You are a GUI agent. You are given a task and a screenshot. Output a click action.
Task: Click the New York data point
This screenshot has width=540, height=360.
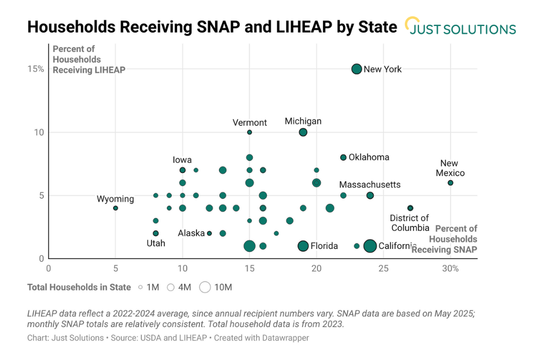pyautogui.click(x=356, y=69)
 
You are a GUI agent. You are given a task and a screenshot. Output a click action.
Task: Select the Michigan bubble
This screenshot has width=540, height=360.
pyautogui.click(x=303, y=132)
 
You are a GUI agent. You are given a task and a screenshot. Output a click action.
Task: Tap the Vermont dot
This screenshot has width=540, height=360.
pyautogui.click(x=249, y=132)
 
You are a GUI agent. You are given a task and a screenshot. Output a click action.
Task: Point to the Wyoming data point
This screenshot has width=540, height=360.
pyautogui.click(x=115, y=208)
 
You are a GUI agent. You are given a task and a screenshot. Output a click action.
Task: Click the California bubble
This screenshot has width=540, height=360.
pyautogui.click(x=370, y=246)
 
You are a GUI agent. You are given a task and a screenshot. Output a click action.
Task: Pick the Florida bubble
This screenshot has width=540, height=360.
pyautogui.click(x=303, y=246)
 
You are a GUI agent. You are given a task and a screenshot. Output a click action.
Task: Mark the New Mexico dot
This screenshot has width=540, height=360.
pyautogui.click(x=450, y=183)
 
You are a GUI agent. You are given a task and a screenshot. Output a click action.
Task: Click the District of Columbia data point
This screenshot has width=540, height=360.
pyautogui.click(x=410, y=208)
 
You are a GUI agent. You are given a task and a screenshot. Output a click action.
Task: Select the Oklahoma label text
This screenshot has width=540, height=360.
pyautogui.click(x=368, y=157)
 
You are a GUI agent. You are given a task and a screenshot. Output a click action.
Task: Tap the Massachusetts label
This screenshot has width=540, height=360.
pyautogui.click(x=369, y=184)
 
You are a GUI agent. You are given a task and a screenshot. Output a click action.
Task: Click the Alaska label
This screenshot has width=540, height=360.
pyautogui.click(x=191, y=233)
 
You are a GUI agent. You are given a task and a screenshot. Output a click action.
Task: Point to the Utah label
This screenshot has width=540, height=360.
pyautogui.click(x=155, y=243)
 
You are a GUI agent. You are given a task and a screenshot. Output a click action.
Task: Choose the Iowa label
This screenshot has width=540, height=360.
pyautogui.click(x=182, y=160)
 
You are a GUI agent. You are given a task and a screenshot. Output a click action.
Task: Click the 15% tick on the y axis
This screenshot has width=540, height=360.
pyautogui.click(x=35, y=69)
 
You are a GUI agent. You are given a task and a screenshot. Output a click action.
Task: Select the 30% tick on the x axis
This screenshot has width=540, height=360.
pyautogui.click(x=450, y=268)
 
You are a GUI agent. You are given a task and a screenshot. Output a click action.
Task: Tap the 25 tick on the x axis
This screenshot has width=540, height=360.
pyautogui.click(x=383, y=268)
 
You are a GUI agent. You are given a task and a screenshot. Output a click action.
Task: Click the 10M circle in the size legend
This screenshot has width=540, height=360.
pyautogui.click(x=204, y=287)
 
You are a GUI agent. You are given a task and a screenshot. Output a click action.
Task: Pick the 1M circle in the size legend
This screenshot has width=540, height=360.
pyautogui.click(x=140, y=287)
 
